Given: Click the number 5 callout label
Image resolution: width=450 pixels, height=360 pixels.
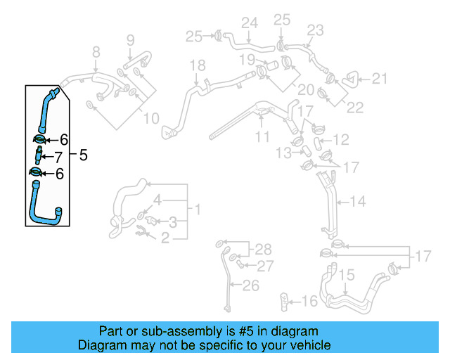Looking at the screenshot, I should (x=83, y=155).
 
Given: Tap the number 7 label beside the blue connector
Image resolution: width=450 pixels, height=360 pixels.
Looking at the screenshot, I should (x=58, y=156).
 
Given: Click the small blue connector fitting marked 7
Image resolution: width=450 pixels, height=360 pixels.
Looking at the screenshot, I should (x=39, y=155).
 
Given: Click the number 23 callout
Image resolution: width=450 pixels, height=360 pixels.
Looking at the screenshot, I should (x=315, y=30).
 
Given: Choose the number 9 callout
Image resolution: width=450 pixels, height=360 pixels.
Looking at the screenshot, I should (x=130, y=41).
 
